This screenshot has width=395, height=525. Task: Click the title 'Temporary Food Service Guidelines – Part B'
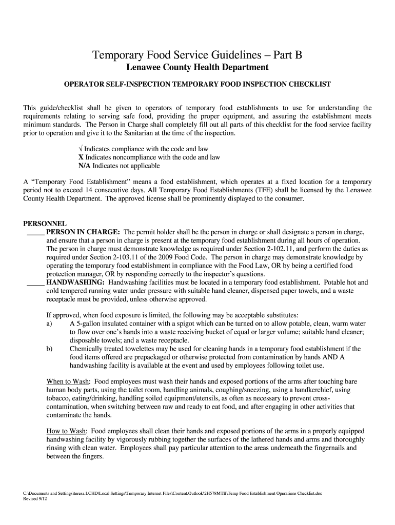click(197, 55)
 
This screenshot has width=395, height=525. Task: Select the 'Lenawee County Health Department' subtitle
click(197, 68)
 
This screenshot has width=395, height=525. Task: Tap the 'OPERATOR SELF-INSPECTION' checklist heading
click(197, 84)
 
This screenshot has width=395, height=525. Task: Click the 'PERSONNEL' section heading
click(45, 224)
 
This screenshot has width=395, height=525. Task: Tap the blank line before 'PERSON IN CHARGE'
click(35, 232)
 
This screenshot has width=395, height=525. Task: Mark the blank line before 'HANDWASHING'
click(35, 282)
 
